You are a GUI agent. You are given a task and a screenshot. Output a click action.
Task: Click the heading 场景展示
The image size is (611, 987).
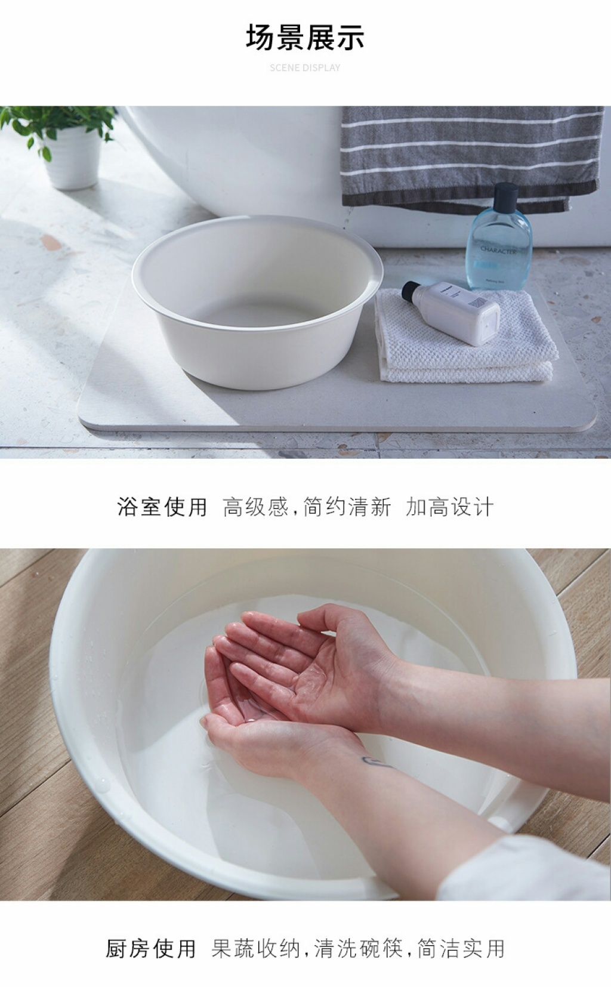(x=305, y=37)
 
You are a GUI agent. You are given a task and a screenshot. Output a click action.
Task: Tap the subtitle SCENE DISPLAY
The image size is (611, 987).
(x=305, y=68)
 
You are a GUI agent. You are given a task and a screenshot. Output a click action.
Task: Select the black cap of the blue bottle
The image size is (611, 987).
(x=506, y=196)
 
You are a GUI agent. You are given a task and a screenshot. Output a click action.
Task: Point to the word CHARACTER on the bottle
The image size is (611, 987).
(x=499, y=251)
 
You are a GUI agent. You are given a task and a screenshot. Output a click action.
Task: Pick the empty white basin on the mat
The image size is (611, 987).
(x=257, y=301)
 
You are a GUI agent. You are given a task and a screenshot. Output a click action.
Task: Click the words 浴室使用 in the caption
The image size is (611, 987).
(x=162, y=507)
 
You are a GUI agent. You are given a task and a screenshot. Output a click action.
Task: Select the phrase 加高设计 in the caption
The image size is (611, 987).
(x=449, y=507)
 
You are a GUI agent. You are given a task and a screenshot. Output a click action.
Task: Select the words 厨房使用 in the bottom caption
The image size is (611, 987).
(x=150, y=948)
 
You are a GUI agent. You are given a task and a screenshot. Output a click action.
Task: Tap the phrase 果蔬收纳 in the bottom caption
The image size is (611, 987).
(x=256, y=948)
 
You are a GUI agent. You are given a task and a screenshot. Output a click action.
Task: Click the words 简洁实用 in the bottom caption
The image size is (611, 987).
(x=461, y=948)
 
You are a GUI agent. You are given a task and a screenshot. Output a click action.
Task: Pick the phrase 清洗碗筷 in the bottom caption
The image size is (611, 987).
(x=359, y=948)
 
